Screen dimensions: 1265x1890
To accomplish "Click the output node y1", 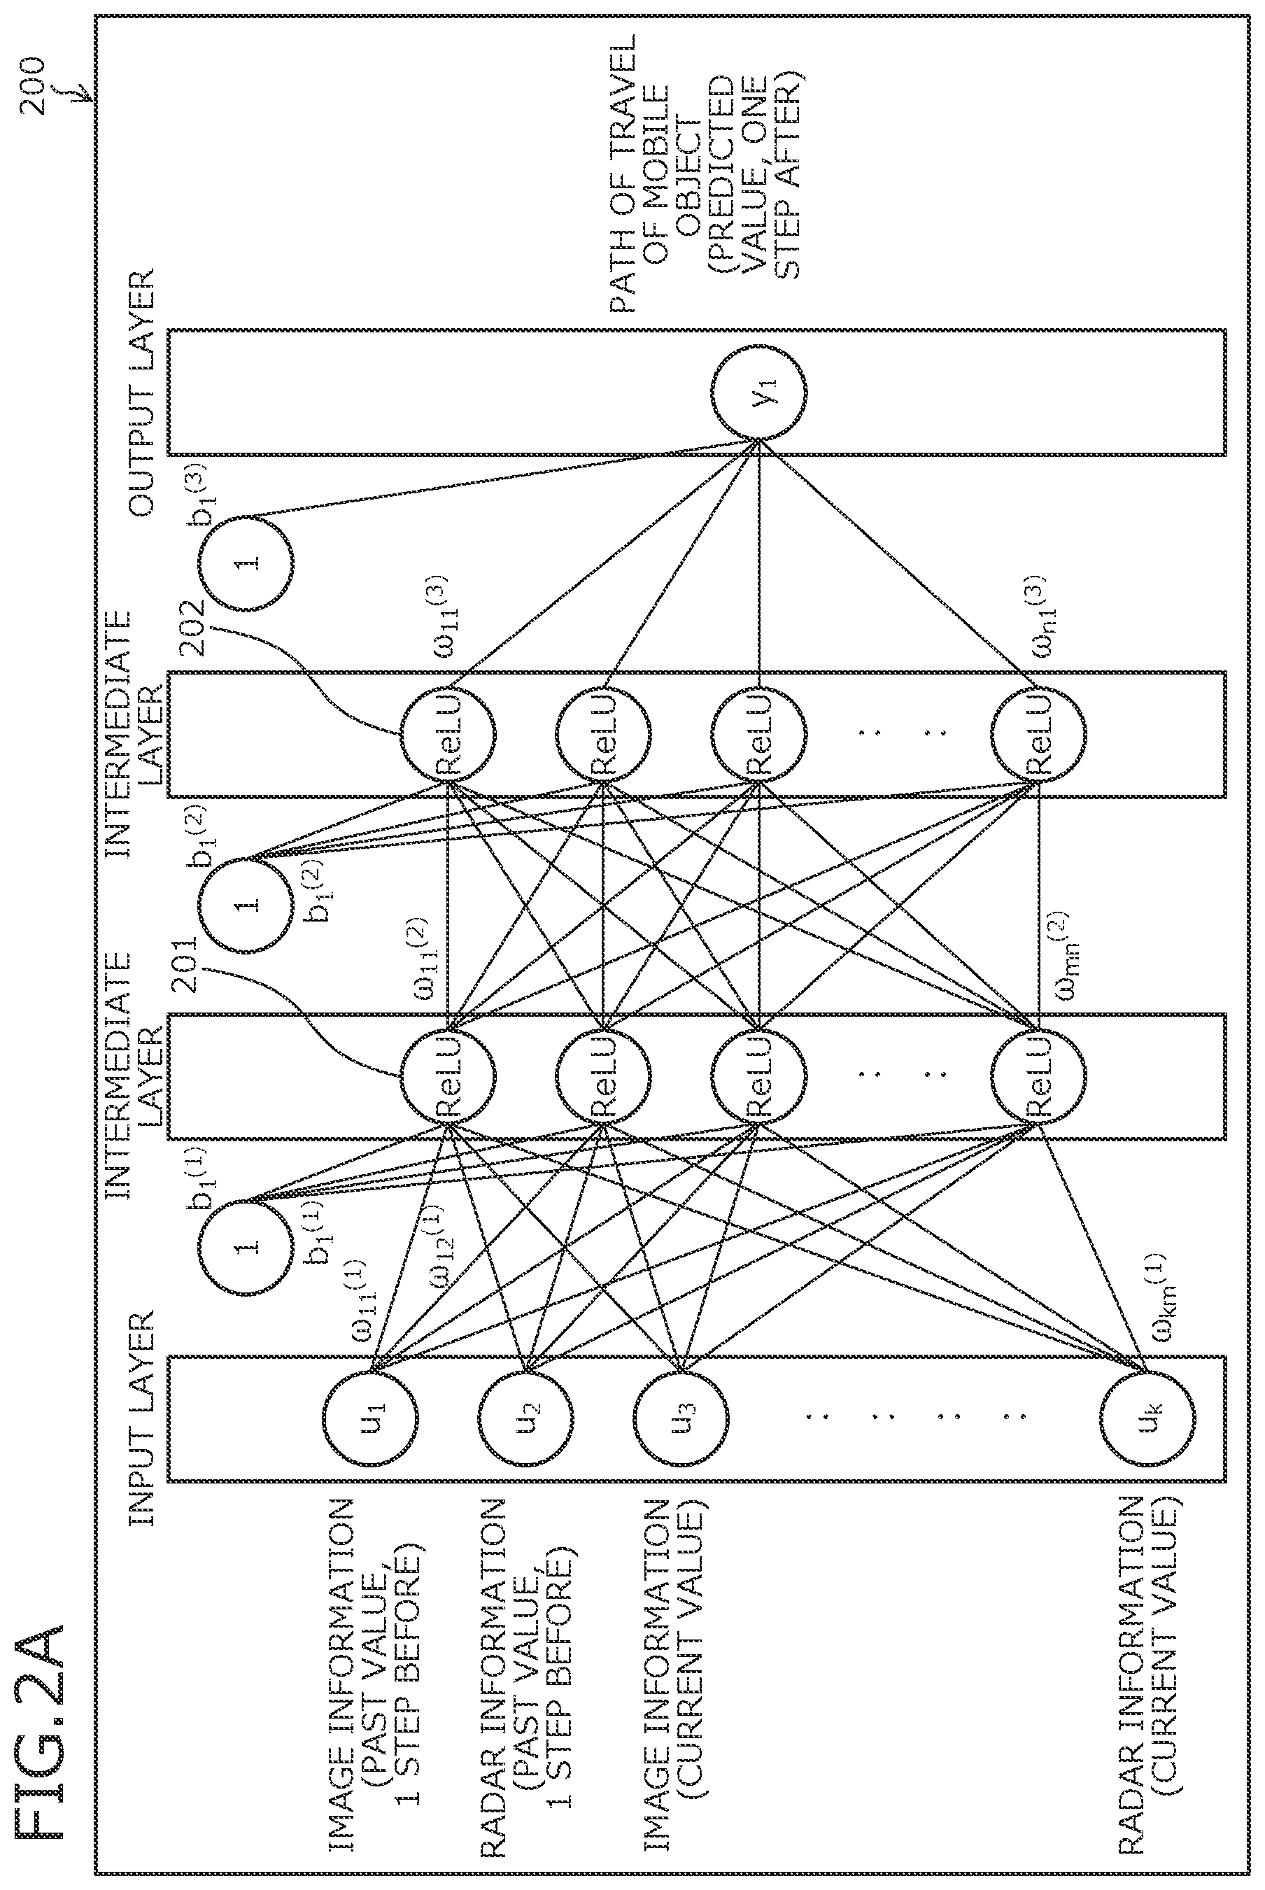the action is coord(759,392).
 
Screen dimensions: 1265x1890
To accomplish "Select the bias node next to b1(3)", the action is coord(247,562).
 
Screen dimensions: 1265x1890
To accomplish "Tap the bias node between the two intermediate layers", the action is coord(247,905).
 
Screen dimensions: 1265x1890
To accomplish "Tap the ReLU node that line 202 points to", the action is coord(448,734).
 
